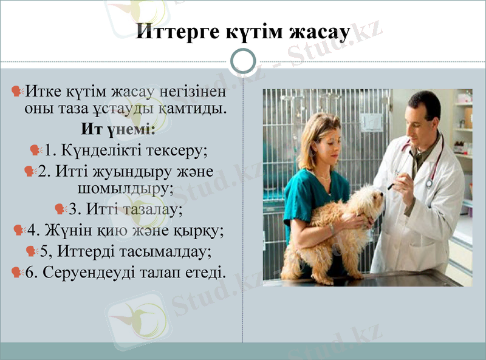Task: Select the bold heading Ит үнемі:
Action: pos(118,129)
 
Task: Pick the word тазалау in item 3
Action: pos(150,209)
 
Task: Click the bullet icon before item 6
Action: pos(18,272)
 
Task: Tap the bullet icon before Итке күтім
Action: pos(18,92)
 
